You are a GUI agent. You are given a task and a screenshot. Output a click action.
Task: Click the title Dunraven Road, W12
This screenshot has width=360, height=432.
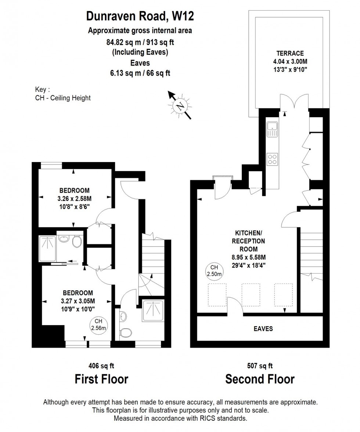pyautogui.click(x=140, y=16)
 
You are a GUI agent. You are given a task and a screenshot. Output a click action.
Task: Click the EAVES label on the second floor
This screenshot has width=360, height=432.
pyautogui.click(x=263, y=328)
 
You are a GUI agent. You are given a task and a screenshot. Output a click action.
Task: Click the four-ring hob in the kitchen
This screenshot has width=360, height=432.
pyautogui.click(x=273, y=159)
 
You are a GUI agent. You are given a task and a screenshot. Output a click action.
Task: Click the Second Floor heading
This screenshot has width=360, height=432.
pyautogui.click(x=260, y=379)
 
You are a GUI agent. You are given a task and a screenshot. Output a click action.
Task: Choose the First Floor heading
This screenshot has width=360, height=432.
pyautogui.click(x=101, y=379)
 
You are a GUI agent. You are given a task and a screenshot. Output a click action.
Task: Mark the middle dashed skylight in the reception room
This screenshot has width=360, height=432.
pyautogui.click(x=250, y=295)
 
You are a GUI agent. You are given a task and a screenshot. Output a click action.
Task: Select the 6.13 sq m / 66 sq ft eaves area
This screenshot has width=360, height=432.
pyautogui.click(x=140, y=73)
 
